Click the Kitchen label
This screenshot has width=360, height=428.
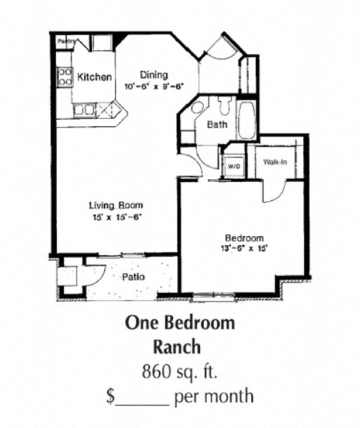pos(95,77)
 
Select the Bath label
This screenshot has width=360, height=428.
pos(217,125)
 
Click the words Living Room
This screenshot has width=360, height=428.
pos(115,205)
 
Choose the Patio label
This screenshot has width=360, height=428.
pos(133,277)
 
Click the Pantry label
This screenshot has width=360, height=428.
pos(65,43)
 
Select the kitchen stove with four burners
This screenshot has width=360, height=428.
pos(65,76)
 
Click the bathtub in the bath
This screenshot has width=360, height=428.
pos(247,120)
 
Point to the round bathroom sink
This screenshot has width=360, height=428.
pos(196,108)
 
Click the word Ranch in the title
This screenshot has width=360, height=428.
pos(179,347)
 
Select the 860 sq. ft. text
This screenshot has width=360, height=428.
pos(179,371)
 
